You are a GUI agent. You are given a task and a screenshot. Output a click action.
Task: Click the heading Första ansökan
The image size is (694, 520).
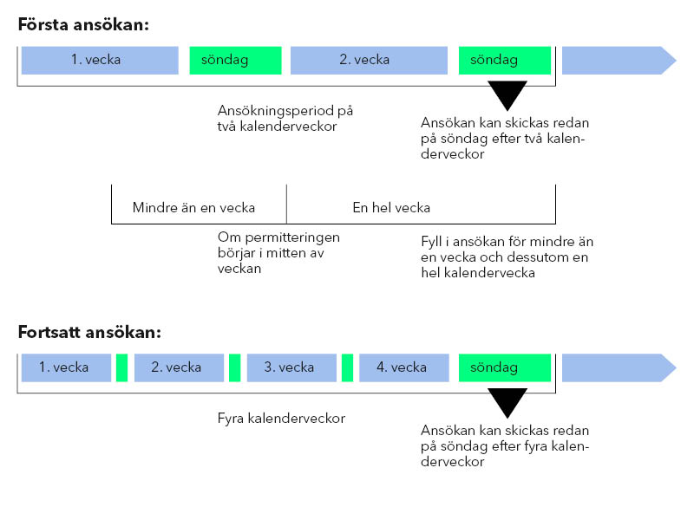click(83, 25)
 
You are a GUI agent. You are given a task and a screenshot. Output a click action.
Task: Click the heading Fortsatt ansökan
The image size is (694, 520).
click(89, 332)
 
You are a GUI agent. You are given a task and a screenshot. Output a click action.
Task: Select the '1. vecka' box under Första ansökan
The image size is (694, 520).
click(100, 60)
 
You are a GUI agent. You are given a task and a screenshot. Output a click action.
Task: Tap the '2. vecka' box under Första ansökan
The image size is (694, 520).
click(369, 60)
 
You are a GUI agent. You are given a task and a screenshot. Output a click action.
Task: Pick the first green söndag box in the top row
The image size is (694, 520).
click(235, 60)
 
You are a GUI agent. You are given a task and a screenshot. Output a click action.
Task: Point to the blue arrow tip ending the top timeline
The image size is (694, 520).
click(676, 60)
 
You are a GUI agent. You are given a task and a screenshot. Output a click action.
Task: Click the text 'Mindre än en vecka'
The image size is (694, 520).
click(193, 207)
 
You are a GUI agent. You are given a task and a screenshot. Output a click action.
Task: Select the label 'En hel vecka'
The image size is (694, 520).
click(391, 207)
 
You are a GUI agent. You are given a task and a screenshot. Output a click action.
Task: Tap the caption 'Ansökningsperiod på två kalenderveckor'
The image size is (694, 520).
click(285, 118)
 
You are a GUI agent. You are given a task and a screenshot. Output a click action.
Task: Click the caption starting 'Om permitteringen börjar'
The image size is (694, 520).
click(278, 253)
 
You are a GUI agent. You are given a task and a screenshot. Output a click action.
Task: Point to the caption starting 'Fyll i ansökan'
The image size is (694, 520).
click(507, 257)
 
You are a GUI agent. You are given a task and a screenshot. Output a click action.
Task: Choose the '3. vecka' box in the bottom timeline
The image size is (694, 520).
click(291, 367)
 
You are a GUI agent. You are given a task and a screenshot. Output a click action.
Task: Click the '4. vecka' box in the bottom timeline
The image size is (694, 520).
click(404, 367)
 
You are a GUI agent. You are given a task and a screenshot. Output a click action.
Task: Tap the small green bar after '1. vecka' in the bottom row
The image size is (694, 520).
click(121, 367)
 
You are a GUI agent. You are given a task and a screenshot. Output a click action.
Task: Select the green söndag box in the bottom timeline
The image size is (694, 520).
click(505, 367)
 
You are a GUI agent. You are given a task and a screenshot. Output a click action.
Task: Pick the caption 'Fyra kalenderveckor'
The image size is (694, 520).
click(281, 419)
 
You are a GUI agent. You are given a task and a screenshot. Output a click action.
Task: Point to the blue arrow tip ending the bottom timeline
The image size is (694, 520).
click(676, 367)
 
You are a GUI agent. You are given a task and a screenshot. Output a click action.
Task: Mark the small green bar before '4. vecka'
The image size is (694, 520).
click(348, 367)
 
